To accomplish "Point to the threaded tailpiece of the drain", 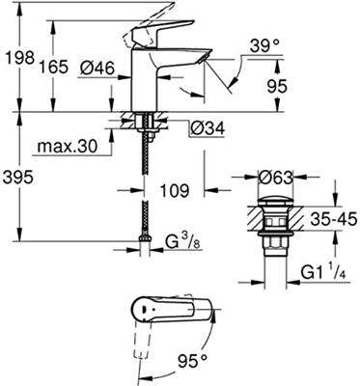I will [x=267, y=249].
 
